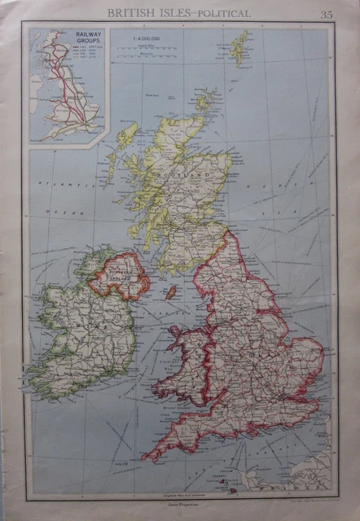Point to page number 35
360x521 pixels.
pyautogui.click(x=326, y=14)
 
